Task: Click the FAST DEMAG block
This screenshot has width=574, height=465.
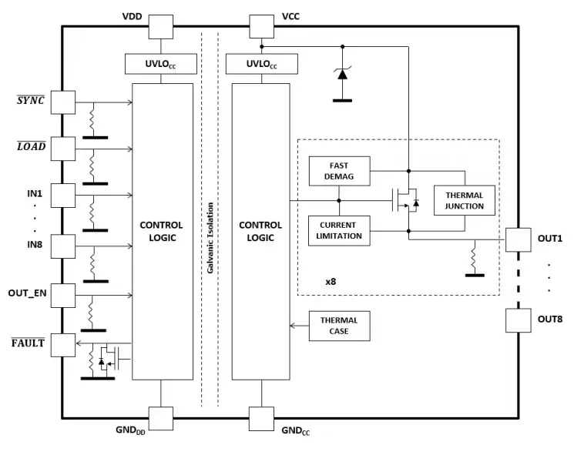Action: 339,170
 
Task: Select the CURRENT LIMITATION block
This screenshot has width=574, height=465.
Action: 339,229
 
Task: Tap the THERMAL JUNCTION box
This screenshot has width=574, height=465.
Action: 464,200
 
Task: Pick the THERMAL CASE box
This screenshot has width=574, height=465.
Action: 339,326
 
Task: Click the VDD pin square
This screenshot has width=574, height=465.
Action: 161,27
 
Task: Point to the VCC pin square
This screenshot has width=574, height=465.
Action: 261,27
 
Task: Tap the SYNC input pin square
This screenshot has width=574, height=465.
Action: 63,102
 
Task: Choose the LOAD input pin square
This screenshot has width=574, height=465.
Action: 63,148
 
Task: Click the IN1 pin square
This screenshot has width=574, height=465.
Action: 63,196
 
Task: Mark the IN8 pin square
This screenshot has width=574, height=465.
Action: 63,246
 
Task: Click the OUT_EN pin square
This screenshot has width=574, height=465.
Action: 63,294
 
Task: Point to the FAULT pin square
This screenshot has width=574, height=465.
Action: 63,344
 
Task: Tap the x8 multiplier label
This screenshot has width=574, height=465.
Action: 330,282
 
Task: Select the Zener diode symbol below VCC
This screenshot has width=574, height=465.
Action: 341,74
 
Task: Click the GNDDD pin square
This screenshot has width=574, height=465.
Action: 161,418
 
